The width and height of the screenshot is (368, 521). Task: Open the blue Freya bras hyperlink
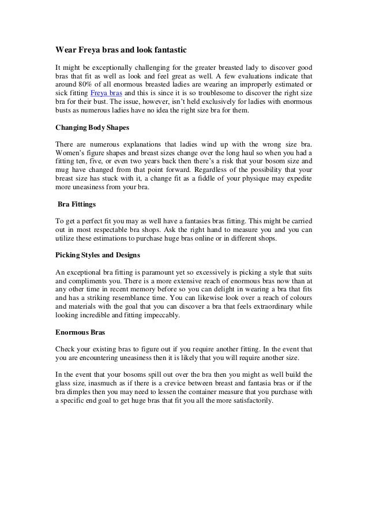point(107,94)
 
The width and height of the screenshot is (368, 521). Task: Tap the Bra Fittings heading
point(77,204)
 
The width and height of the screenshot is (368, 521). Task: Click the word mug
point(63,171)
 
